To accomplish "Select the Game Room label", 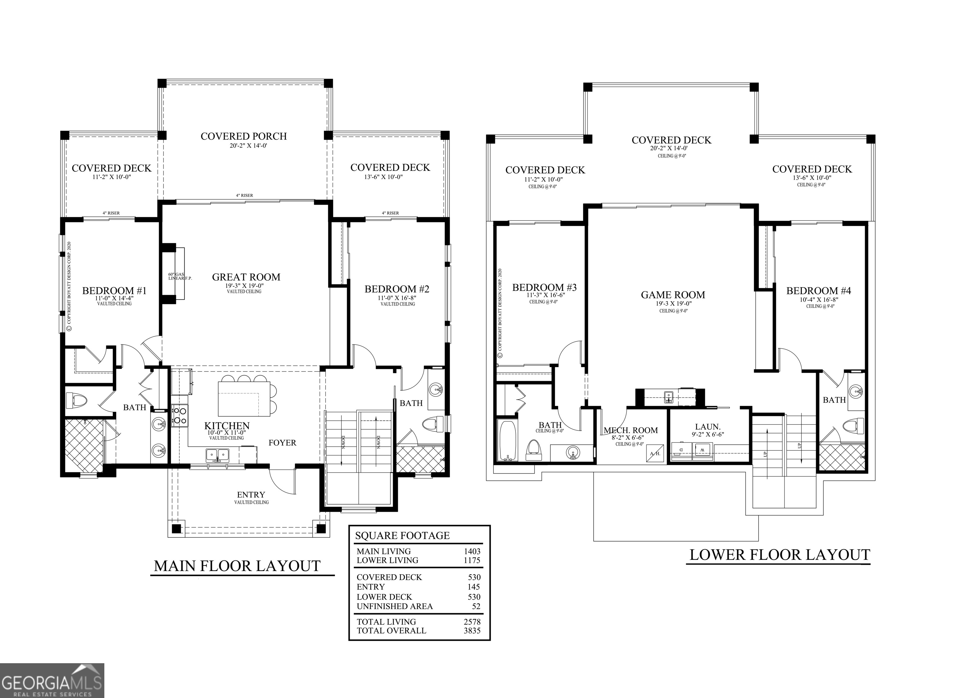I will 673,295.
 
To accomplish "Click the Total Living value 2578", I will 472,622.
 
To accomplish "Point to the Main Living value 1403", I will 472,551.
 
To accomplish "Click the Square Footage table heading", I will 402,536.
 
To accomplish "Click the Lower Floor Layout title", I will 779,555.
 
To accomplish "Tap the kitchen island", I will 244,399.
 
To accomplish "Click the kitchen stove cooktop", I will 180,415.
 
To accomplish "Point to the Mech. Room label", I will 630,431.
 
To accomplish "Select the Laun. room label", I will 708,427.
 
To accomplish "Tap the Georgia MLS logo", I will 52,681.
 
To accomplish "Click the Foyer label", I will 282,443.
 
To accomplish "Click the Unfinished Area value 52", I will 476,606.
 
